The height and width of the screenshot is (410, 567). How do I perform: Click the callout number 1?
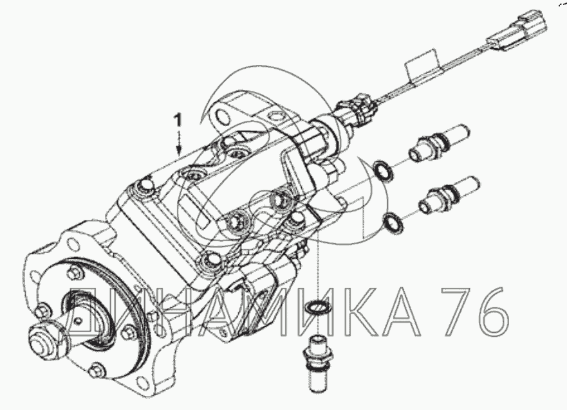pyautogui.click(x=177, y=120)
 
